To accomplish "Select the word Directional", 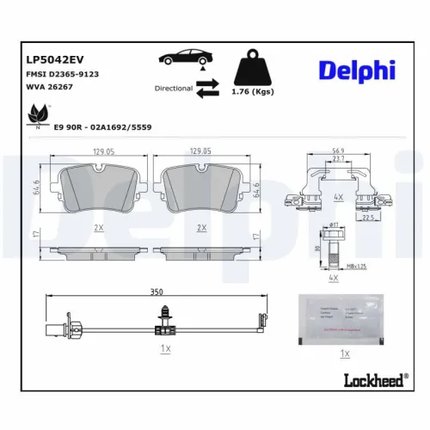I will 173,88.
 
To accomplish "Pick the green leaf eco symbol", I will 39,113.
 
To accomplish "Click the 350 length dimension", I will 157,292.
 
